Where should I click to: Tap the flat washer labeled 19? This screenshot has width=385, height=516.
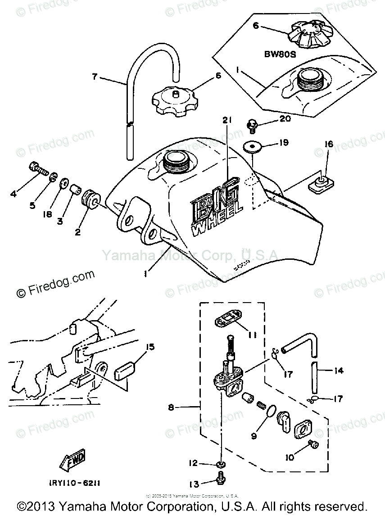click(x=253, y=147)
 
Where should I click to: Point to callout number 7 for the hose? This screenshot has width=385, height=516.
click(x=95, y=77)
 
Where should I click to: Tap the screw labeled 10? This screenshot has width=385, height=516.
click(x=314, y=444)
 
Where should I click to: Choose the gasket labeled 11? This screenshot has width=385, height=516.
click(x=227, y=321)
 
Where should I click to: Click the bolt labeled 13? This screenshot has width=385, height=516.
click(x=221, y=478)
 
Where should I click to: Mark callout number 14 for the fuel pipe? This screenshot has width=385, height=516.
click(x=339, y=371)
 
